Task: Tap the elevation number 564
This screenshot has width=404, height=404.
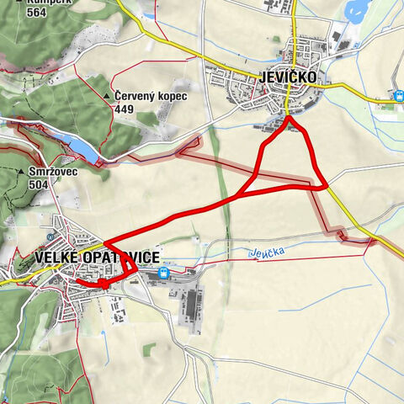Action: (38, 13)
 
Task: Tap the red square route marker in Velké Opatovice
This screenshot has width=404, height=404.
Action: (104, 284)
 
